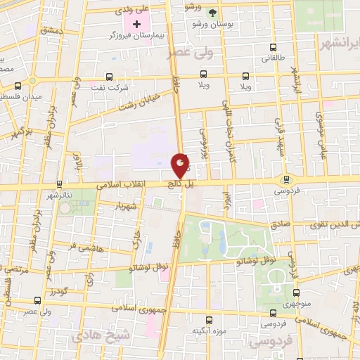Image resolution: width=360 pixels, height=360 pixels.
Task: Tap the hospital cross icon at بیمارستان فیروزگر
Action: [x=137, y=25]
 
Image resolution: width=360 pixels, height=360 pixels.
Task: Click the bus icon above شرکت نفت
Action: [x=109, y=77]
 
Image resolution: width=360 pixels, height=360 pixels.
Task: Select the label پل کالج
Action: [x=179, y=184]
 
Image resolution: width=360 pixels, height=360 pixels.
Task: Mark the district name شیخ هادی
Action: [x=122, y=334]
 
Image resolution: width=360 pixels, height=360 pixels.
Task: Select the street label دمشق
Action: [x=52, y=32]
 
